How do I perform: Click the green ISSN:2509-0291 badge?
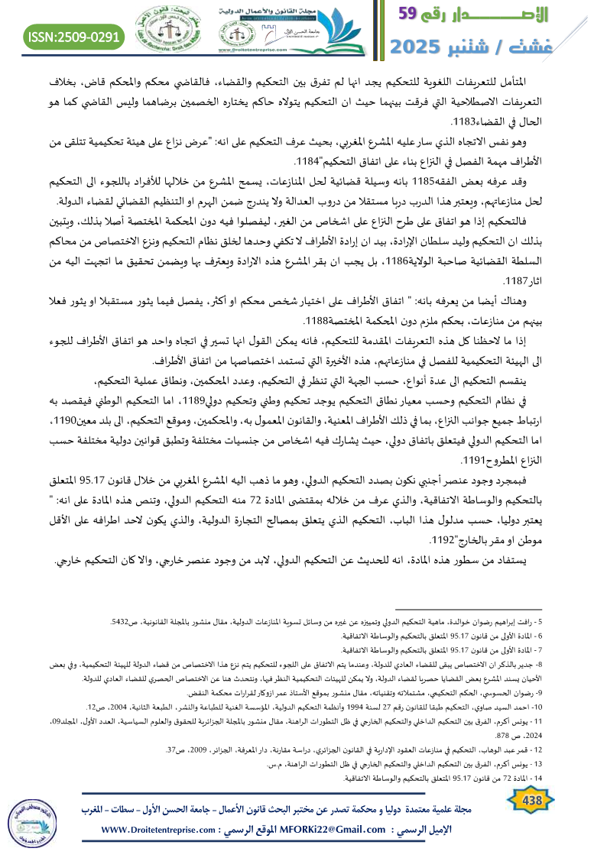click(74, 37)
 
